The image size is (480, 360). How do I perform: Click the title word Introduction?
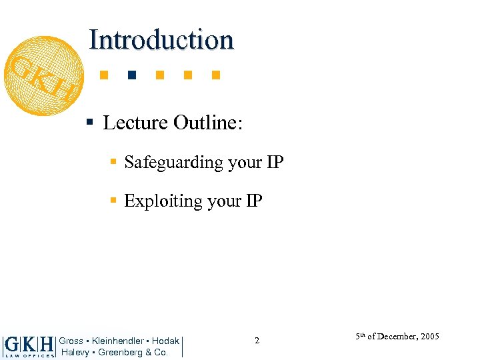[x=161, y=40]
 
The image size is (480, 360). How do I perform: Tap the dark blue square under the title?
[x=131, y=75]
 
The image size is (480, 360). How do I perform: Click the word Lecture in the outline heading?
[x=135, y=123]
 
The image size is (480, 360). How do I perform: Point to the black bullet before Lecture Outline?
[x=89, y=123]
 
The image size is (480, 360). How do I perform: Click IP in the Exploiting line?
[x=254, y=201]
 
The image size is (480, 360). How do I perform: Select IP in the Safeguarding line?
[x=275, y=162]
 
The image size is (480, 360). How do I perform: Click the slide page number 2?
[x=257, y=341]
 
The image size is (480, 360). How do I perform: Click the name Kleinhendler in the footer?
[x=117, y=341]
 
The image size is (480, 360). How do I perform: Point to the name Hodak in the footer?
[x=165, y=341]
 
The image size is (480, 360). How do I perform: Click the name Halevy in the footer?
[x=75, y=352]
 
